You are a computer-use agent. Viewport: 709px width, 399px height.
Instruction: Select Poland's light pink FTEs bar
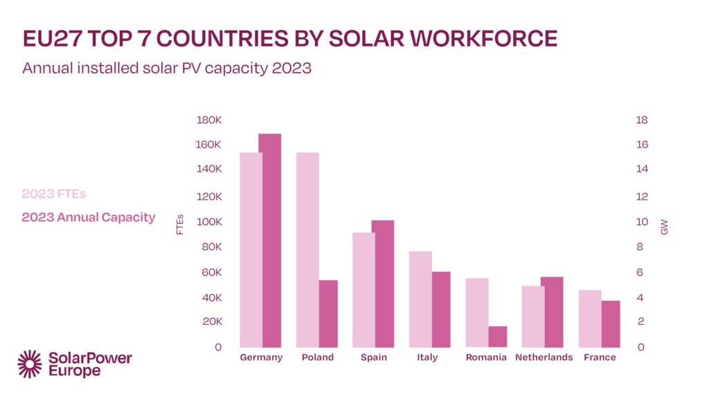click(x=307, y=249)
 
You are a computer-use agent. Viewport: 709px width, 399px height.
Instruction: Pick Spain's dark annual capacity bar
click(x=383, y=283)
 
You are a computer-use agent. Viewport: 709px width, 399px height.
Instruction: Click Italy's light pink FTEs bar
click(x=420, y=299)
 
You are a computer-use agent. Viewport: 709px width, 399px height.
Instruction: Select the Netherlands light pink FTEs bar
click(x=533, y=316)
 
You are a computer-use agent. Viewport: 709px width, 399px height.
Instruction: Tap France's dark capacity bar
click(x=610, y=323)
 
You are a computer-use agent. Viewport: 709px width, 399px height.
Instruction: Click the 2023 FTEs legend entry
click(x=54, y=193)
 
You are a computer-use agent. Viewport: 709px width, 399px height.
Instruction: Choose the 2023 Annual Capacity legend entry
click(x=89, y=218)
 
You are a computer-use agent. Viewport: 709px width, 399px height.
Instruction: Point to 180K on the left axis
click(x=209, y=120)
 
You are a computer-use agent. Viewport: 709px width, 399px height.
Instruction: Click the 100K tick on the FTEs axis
click(x=209, y=222)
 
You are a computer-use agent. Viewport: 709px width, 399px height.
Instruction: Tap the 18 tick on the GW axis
click(x=642, y=120)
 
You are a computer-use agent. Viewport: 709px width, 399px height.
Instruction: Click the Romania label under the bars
click(x=486, y=357)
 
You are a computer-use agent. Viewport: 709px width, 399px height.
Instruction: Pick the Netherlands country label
click(x=544, y=357)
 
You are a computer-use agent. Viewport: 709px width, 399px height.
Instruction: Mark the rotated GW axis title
click(x=664, y=226)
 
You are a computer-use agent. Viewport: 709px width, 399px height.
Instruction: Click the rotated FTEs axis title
click(x=180, y=224)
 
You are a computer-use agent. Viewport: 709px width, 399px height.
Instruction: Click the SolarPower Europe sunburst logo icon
click(x=30, y=364)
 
